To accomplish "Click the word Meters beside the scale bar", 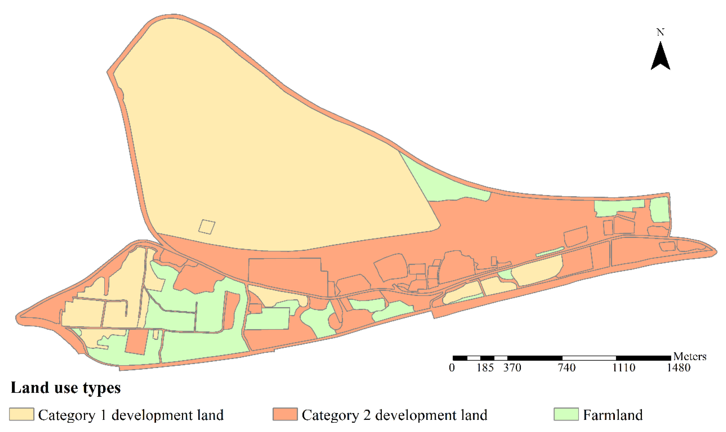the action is (x=690, y=357).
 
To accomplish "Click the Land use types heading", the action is (x=66, y=388).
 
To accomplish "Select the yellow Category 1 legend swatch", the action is (x=22, y=414).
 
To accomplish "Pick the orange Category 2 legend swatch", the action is (x=285, y=414).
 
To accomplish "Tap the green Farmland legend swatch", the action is (x=566, y=414).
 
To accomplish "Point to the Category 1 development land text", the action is (x=131, y=415).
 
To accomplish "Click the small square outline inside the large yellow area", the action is (x=207, y=227).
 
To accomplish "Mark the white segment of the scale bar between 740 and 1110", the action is (x=589, y=358).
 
